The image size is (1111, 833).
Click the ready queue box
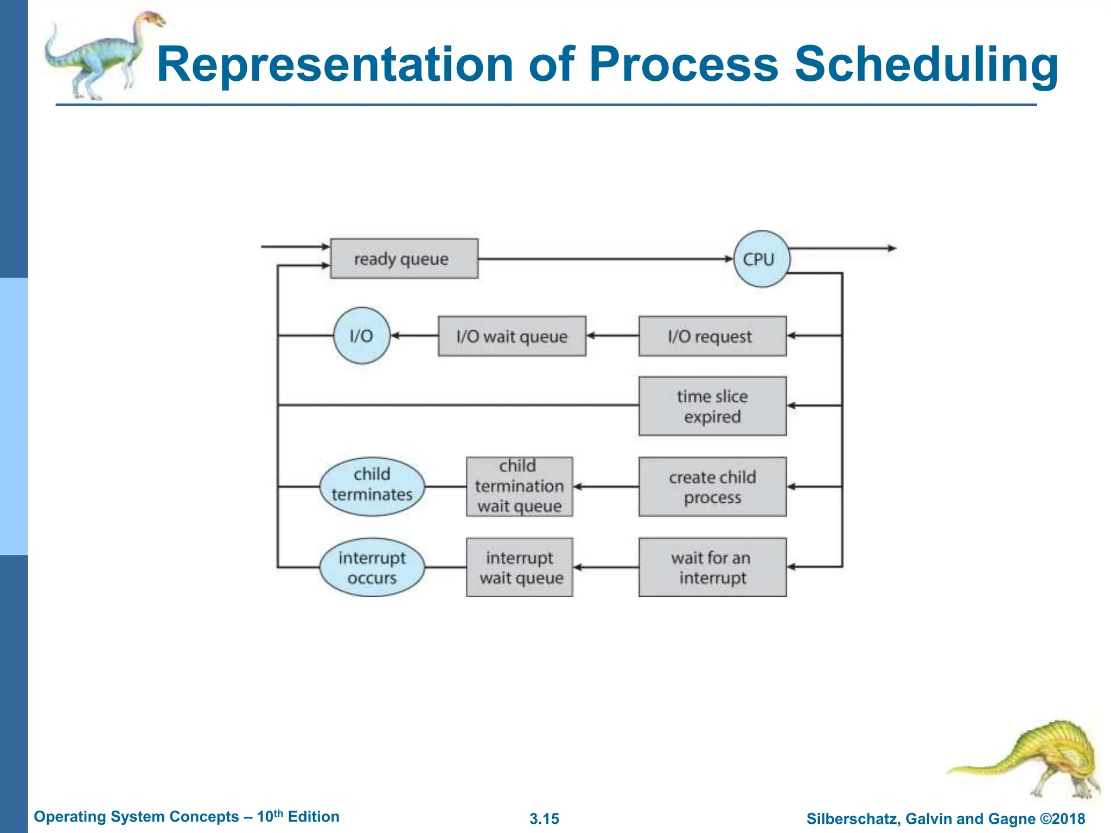point(404,259)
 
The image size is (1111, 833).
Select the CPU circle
point(761,259)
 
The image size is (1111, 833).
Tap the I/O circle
point(361,336)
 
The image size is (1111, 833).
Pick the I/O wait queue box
point(512,336)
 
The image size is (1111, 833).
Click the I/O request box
point(712,336)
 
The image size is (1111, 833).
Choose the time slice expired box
point(712,406)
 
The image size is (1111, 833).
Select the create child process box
point(712,486)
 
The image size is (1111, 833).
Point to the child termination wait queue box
point(519,486)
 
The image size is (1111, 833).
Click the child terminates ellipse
point(372,484)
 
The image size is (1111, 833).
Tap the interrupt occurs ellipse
point(372,567)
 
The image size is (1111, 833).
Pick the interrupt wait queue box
point(519,567)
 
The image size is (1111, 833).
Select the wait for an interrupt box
point(712,567)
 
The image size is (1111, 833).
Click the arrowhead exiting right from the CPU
point(891,248)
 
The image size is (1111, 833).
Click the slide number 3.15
point(544,818)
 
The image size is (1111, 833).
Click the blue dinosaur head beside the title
point(152,21)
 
